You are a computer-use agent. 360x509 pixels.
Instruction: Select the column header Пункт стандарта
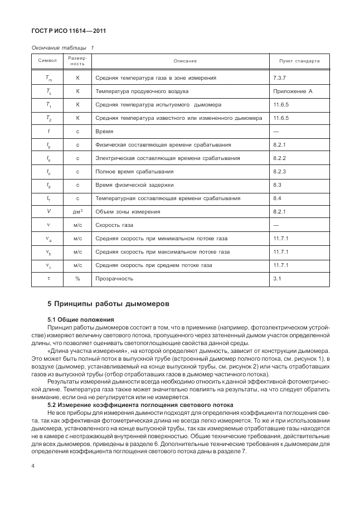click(x=295, y=60)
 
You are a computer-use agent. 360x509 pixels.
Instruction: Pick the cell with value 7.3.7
click(x=280, y=77)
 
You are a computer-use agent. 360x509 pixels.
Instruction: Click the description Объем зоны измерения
click(x=128, y=211)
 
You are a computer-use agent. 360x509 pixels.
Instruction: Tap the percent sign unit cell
click(x=77, y=278)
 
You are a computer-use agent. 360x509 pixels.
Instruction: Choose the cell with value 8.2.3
click(x=280, y=171)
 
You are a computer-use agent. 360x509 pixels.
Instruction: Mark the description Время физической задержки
click(x=134, y=185)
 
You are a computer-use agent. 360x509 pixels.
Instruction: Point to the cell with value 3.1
click(x=277, y=278)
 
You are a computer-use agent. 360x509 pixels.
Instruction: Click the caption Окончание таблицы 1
click(x=62, y=47)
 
